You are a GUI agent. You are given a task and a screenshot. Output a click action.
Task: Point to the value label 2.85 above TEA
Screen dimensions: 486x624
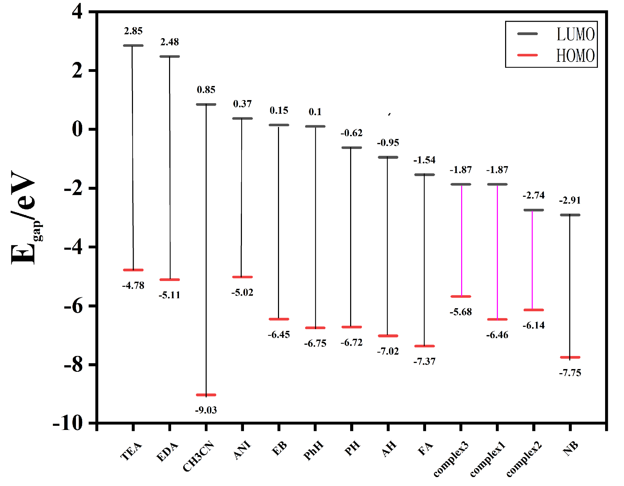coord(133,31)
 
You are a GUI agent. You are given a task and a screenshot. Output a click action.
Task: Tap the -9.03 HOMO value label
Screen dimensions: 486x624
coord(206,410)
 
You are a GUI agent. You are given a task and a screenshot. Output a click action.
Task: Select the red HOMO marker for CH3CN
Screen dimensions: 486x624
coord(206,395)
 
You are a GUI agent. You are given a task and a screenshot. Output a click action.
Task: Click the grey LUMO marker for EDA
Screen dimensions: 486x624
coord(169,56)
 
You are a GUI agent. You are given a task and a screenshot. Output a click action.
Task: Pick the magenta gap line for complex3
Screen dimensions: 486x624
coord(461,241)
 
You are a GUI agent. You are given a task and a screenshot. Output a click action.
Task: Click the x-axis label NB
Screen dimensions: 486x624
coord(571,449)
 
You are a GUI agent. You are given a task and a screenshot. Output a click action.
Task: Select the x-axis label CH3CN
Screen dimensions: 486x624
coord(199,456)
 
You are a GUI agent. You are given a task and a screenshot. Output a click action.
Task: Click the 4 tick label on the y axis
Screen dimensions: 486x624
coord(78,12)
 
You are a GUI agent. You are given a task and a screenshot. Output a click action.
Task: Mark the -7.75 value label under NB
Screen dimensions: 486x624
coord(570,373)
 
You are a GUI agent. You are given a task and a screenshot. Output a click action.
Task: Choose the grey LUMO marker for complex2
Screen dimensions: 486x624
coord(534,210)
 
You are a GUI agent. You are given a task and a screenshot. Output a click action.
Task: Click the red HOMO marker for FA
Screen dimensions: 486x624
coord(424,346)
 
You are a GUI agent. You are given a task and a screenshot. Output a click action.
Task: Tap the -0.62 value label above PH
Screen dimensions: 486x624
coord(352,133)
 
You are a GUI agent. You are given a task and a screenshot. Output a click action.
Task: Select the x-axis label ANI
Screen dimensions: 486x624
coord(242,451)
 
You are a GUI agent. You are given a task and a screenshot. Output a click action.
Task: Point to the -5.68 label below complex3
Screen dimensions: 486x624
coord(461,312)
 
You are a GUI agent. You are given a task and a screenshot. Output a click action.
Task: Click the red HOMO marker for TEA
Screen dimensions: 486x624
coord(133,270)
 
